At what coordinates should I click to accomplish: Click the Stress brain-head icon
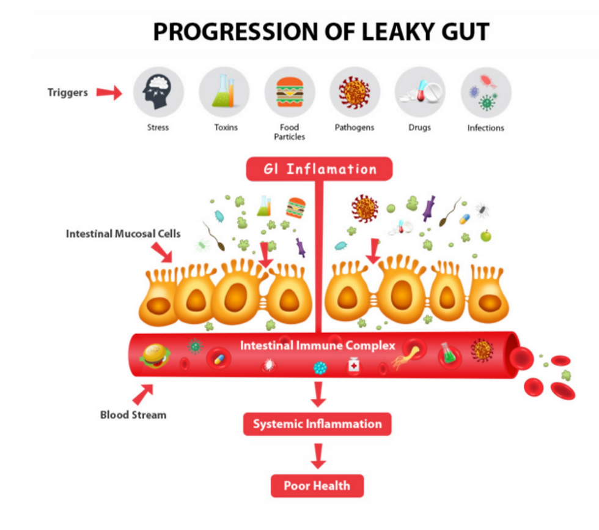click(x=158, y=92)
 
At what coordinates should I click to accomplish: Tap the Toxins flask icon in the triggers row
click(x=224, y=92)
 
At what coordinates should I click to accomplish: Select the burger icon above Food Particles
click(x=290, y=92)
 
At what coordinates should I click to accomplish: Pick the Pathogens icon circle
click(x=355, y=92)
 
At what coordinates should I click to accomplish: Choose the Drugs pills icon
click(x=421, y=92)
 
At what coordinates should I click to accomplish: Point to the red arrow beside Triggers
click(x=109, y=92)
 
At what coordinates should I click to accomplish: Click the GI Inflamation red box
click(x=319, y=169)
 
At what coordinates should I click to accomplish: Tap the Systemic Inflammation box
click(x=317, y=424)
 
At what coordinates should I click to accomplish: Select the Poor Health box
click(x=317, y=486)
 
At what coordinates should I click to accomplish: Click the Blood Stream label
click(x=133, y=415)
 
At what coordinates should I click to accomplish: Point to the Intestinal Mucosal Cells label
click(x=123, y=234)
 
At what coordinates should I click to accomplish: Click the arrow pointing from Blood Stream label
click(x=143, y=394)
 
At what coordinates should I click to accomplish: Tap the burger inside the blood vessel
click(x=155, y=356)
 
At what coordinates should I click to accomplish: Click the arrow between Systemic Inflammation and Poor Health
click(x=318, y=456)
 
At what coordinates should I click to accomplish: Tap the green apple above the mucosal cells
click(x=486, y=236)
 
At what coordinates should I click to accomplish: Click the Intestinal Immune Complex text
click(x=317, y=345)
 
